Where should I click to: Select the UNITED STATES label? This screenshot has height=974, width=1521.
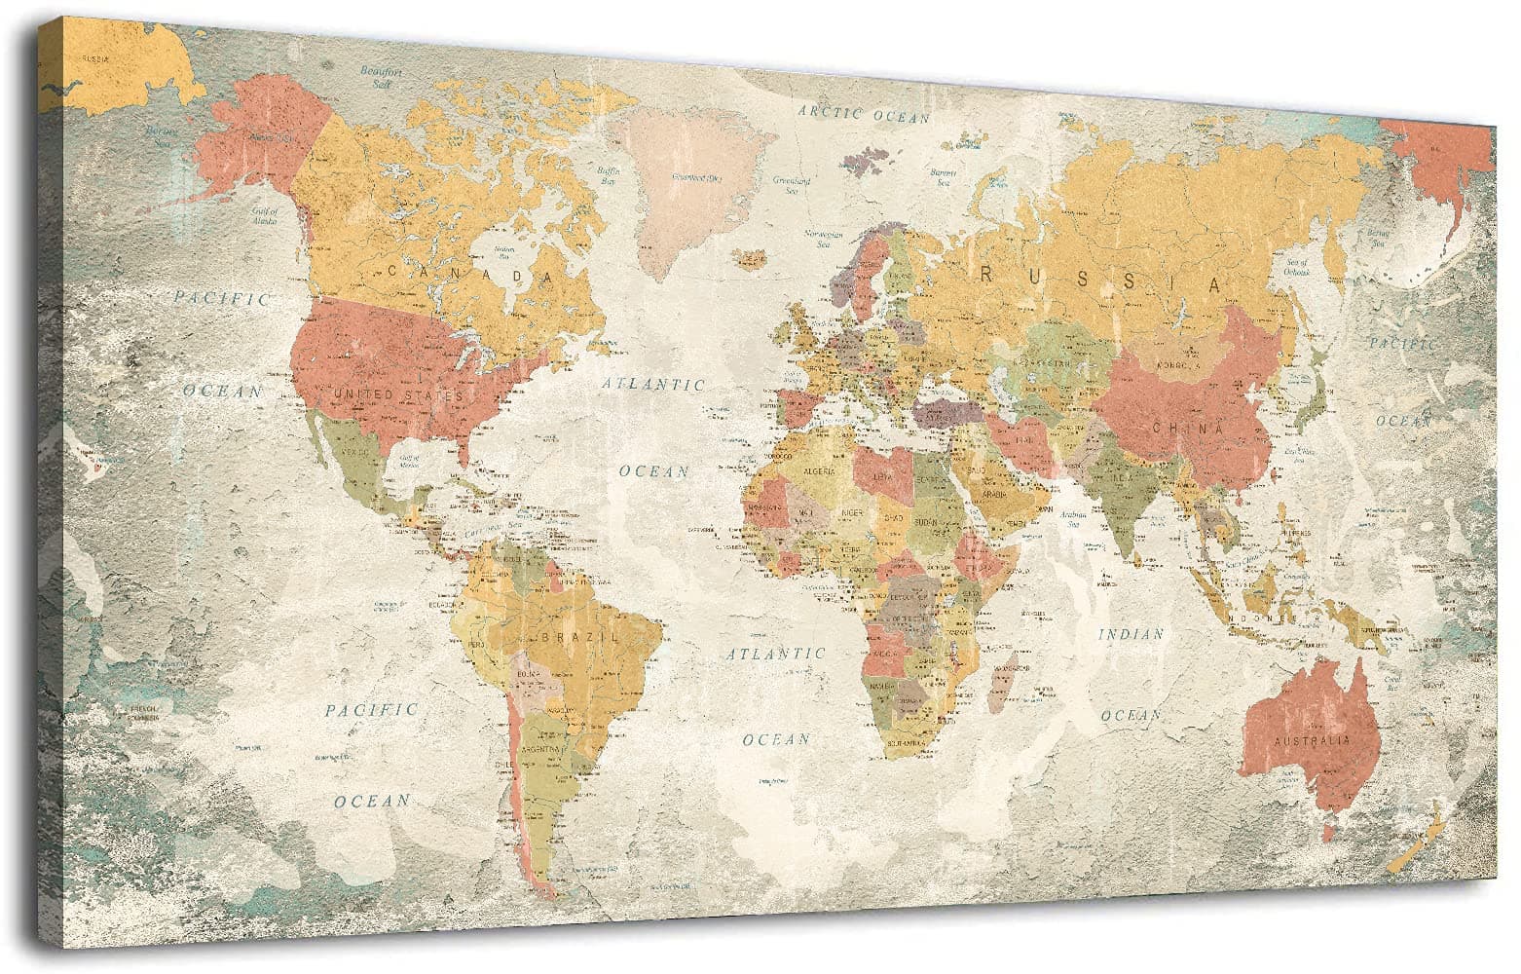coord(398,394)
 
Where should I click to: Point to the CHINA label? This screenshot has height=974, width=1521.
coord(1187,428)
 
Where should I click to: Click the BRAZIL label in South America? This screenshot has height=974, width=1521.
coord(585,636)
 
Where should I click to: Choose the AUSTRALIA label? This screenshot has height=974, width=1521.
coord(1310,741)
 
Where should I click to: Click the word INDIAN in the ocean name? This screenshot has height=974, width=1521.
coord(1131,634)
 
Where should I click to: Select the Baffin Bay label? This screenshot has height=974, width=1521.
coord(609,176)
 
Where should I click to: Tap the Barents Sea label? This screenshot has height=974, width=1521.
coord(942,177)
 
